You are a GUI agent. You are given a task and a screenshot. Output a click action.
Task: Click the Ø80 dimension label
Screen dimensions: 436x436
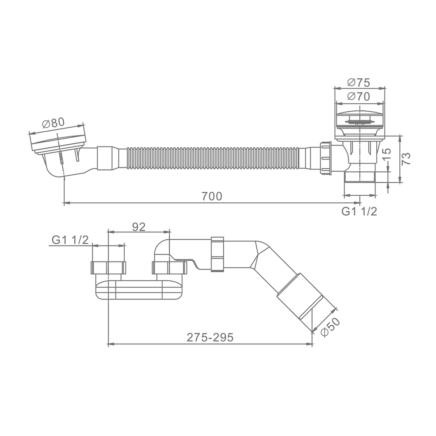pos(53,123)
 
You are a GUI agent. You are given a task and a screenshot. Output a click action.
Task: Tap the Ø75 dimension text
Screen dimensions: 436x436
pos(359,82)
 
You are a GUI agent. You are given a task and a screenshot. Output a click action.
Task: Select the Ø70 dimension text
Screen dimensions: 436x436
pos(359,96)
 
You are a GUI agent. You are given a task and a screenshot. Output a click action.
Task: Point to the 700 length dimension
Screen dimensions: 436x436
pos(212,196)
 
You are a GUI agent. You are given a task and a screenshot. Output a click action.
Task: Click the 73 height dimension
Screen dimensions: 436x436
pos(406,159)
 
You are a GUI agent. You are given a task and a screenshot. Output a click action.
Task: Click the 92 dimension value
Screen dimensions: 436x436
pos(139,227)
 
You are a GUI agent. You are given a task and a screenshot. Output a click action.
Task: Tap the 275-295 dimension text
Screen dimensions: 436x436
pos(210,337)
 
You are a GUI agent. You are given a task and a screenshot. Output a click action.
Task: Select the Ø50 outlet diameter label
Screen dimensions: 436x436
pos(331,327)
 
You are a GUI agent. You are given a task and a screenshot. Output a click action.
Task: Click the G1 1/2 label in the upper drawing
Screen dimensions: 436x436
pos(359,211)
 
